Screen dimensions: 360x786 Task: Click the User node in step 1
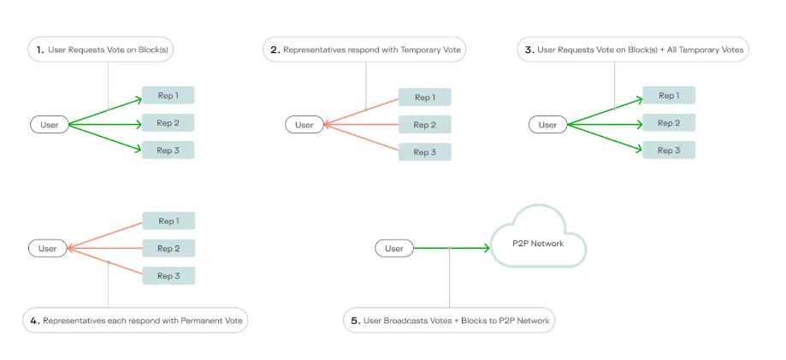tap(49, 125)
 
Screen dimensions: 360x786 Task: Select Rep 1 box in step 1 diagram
tap(168, 95)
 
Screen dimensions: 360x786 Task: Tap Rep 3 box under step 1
tap(168, 150)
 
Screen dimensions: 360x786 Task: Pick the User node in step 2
tap(304, 125)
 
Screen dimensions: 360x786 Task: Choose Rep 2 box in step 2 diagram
tap(424, 125)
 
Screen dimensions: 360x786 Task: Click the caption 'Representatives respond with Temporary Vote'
tap(366, 50)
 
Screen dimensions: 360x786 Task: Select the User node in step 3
tap(547, 125)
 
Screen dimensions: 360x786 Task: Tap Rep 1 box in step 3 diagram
tap(669, 95)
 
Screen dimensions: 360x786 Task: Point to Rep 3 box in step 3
tap(669, 150)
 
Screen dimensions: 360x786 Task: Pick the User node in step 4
tap(48, 249)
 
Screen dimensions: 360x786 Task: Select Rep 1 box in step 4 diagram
tap(168, 221)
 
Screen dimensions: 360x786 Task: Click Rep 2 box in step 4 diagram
tap(168, 249)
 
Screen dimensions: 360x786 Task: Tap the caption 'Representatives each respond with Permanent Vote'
tap(135, 322)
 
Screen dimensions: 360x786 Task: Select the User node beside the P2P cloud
tap(393, 249)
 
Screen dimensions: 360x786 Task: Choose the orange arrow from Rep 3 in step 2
tap(363, 139)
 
